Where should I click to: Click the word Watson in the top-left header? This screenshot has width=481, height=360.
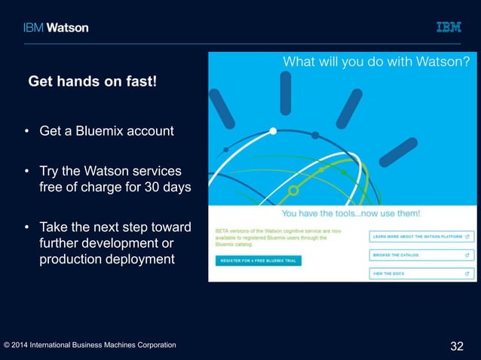point(68,27)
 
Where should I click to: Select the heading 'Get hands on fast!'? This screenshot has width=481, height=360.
point(92,81)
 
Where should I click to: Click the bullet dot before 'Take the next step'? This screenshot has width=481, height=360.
point(27,227)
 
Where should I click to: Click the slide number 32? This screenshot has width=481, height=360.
point(456,346)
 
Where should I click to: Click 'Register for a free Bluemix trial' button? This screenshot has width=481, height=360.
point(258,260)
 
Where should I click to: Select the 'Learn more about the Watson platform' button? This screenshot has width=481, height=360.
point(421,236)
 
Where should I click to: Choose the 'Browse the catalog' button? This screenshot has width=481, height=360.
point(421,255)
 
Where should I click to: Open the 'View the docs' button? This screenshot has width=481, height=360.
point(421,274)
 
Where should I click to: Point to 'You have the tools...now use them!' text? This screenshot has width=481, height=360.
point(351,213)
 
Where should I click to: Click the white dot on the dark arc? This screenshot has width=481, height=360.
point(273,131)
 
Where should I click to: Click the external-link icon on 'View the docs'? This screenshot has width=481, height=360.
point(468,274)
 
